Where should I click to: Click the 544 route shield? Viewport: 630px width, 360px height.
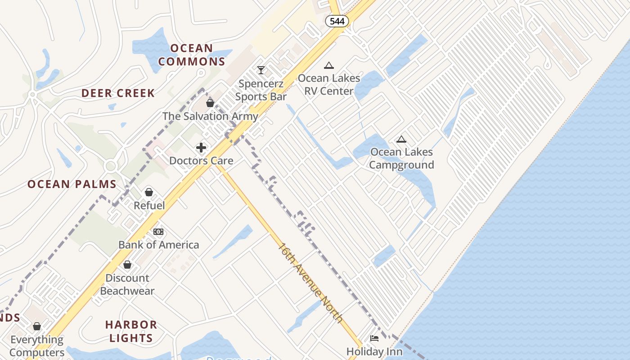[x=337, y=21]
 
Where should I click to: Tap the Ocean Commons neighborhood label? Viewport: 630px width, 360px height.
[x=192, y=55]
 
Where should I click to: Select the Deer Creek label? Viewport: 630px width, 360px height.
[x=118, y=94]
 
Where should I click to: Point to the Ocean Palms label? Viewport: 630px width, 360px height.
[x=72, y=184]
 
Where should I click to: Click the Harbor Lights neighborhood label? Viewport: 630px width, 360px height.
[x=131, y=331]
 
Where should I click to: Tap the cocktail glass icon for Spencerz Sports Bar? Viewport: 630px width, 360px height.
[x=261, y=70]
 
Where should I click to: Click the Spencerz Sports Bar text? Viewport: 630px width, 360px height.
[x=261, y=90]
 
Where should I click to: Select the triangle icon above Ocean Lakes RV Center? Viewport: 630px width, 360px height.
[x=329, y=65]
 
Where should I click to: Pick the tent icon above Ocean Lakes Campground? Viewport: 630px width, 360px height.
[x=401, y=139]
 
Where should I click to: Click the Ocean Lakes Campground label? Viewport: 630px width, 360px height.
[x=401, y=158]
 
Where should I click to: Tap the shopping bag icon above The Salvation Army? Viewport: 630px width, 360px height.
[x=210, y=103]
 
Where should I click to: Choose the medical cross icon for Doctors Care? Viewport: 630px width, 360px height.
[x=201, y=148]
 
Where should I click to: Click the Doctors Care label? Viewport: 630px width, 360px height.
[x=201, y=161]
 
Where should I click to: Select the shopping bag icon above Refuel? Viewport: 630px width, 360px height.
[x=149, y=193]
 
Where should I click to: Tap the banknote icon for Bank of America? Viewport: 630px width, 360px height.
[x=158, y=232]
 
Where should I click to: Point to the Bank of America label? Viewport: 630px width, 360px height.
[x=158, y=245]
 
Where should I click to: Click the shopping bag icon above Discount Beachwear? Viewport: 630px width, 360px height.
[x=127, y=265]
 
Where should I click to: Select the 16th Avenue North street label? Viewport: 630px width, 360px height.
[x=310, y=283]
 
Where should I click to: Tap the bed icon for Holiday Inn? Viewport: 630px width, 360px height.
[x=374, y=338]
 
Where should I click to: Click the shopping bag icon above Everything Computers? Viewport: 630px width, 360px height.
[x=37, y=326]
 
